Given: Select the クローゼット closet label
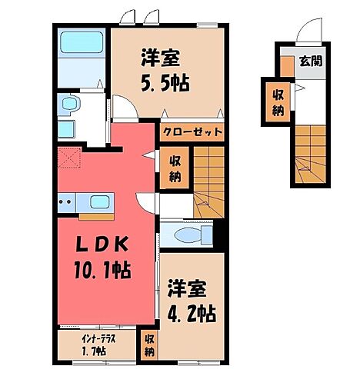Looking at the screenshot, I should (192, 131).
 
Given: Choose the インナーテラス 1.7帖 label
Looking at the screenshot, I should (85, 345).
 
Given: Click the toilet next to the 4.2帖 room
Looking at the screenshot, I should (187, 234).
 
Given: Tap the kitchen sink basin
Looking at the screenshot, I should (98, 203).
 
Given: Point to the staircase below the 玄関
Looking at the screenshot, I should (312, 145).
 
